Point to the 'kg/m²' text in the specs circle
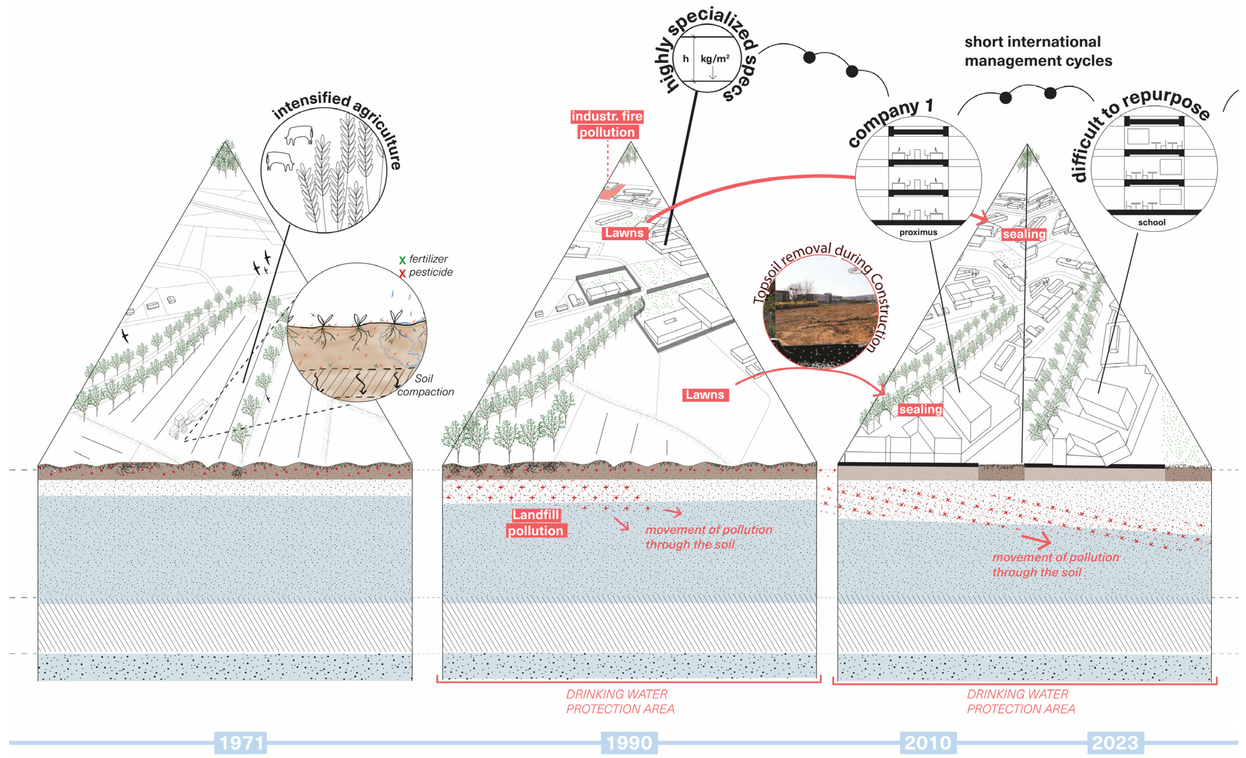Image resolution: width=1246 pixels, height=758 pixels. coord(714,59)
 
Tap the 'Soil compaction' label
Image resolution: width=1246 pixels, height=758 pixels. coord(425,385)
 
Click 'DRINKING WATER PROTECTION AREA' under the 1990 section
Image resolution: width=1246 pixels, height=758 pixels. coord(620,701)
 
